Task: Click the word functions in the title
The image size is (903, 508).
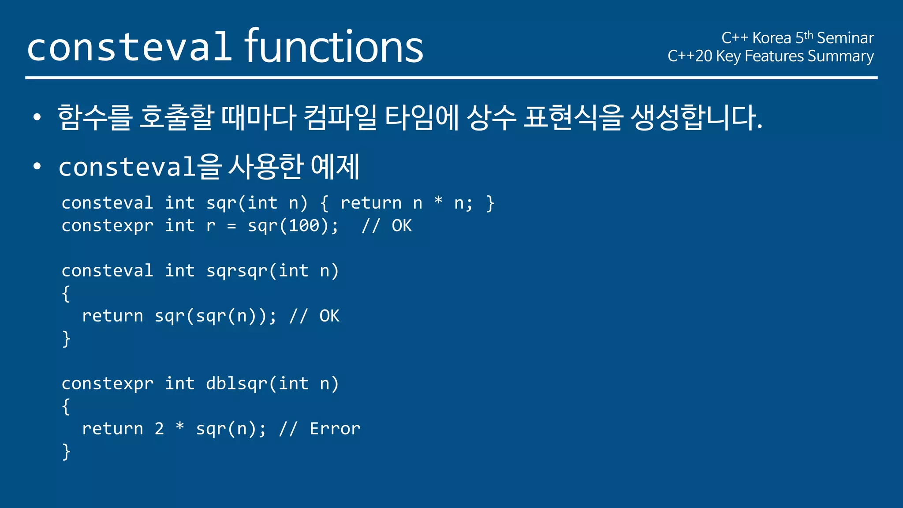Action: point(334,46)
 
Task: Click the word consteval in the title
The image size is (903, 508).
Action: point(129,47)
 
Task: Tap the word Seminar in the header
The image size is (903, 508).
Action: point(845,38)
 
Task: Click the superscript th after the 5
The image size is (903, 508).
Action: point(808,35)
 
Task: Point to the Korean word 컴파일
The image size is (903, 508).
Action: point(340,118)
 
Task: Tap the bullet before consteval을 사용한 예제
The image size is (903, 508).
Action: point(37,167)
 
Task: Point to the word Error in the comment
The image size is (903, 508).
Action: point(335,429)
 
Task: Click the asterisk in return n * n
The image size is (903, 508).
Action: point(438,202)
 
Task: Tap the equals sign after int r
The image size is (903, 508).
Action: point(231,226)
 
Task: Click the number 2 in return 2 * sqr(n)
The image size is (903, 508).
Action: point(159,429)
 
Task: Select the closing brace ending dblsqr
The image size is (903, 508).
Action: point(66,452)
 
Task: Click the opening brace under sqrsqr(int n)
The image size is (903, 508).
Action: point(66,294)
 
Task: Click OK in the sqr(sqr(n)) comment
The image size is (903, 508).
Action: point(329,316)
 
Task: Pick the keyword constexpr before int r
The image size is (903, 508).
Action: point(108,226)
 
